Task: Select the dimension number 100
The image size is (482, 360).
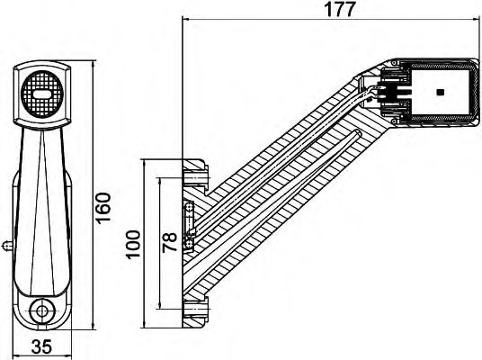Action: pos(134,243)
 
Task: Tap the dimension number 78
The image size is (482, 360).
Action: pos(170,242)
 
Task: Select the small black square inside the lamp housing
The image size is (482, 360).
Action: pos(439,92)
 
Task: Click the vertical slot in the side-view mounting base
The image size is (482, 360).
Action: pos(189,216)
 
